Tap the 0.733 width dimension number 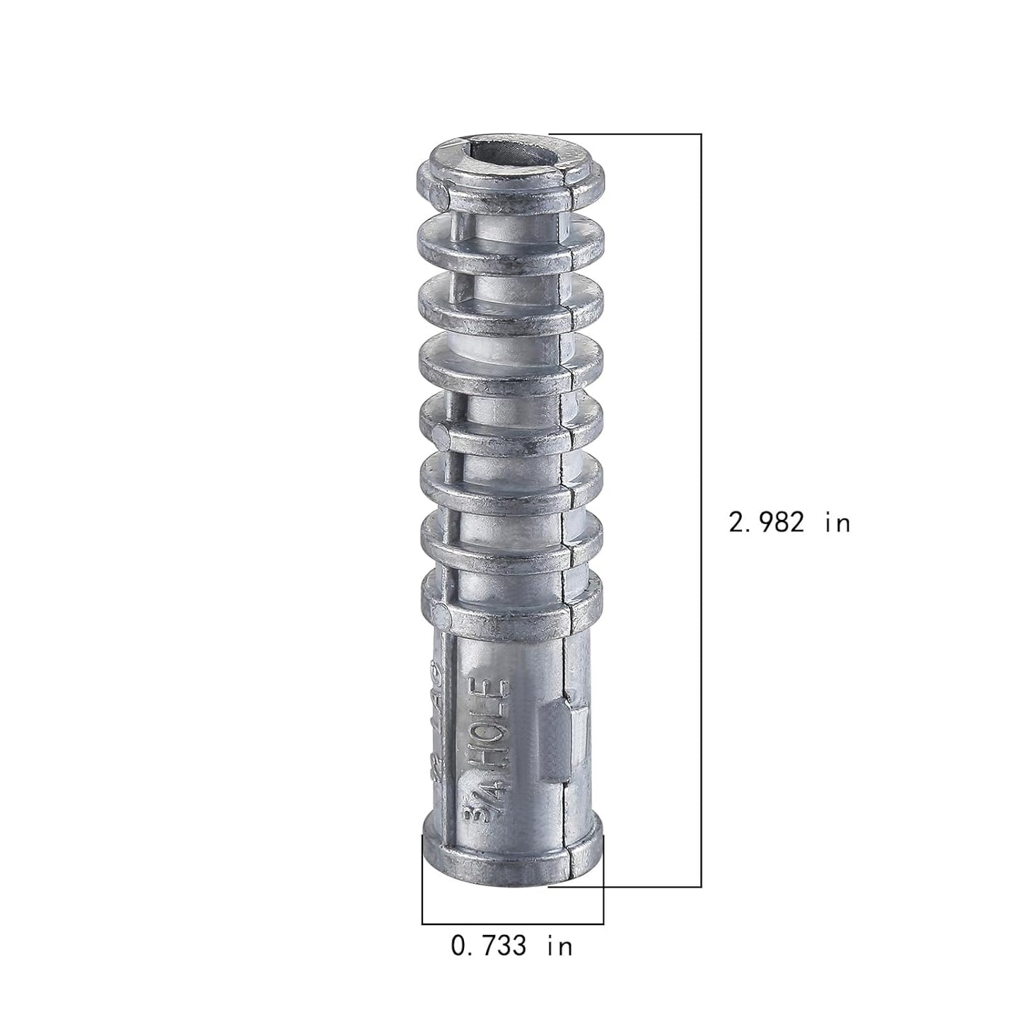pos(489,946)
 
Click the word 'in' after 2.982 pos(837,523)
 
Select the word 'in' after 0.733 pos(559,946)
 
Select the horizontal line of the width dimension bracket pos(512,924)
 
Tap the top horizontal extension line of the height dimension pos(626,134)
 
